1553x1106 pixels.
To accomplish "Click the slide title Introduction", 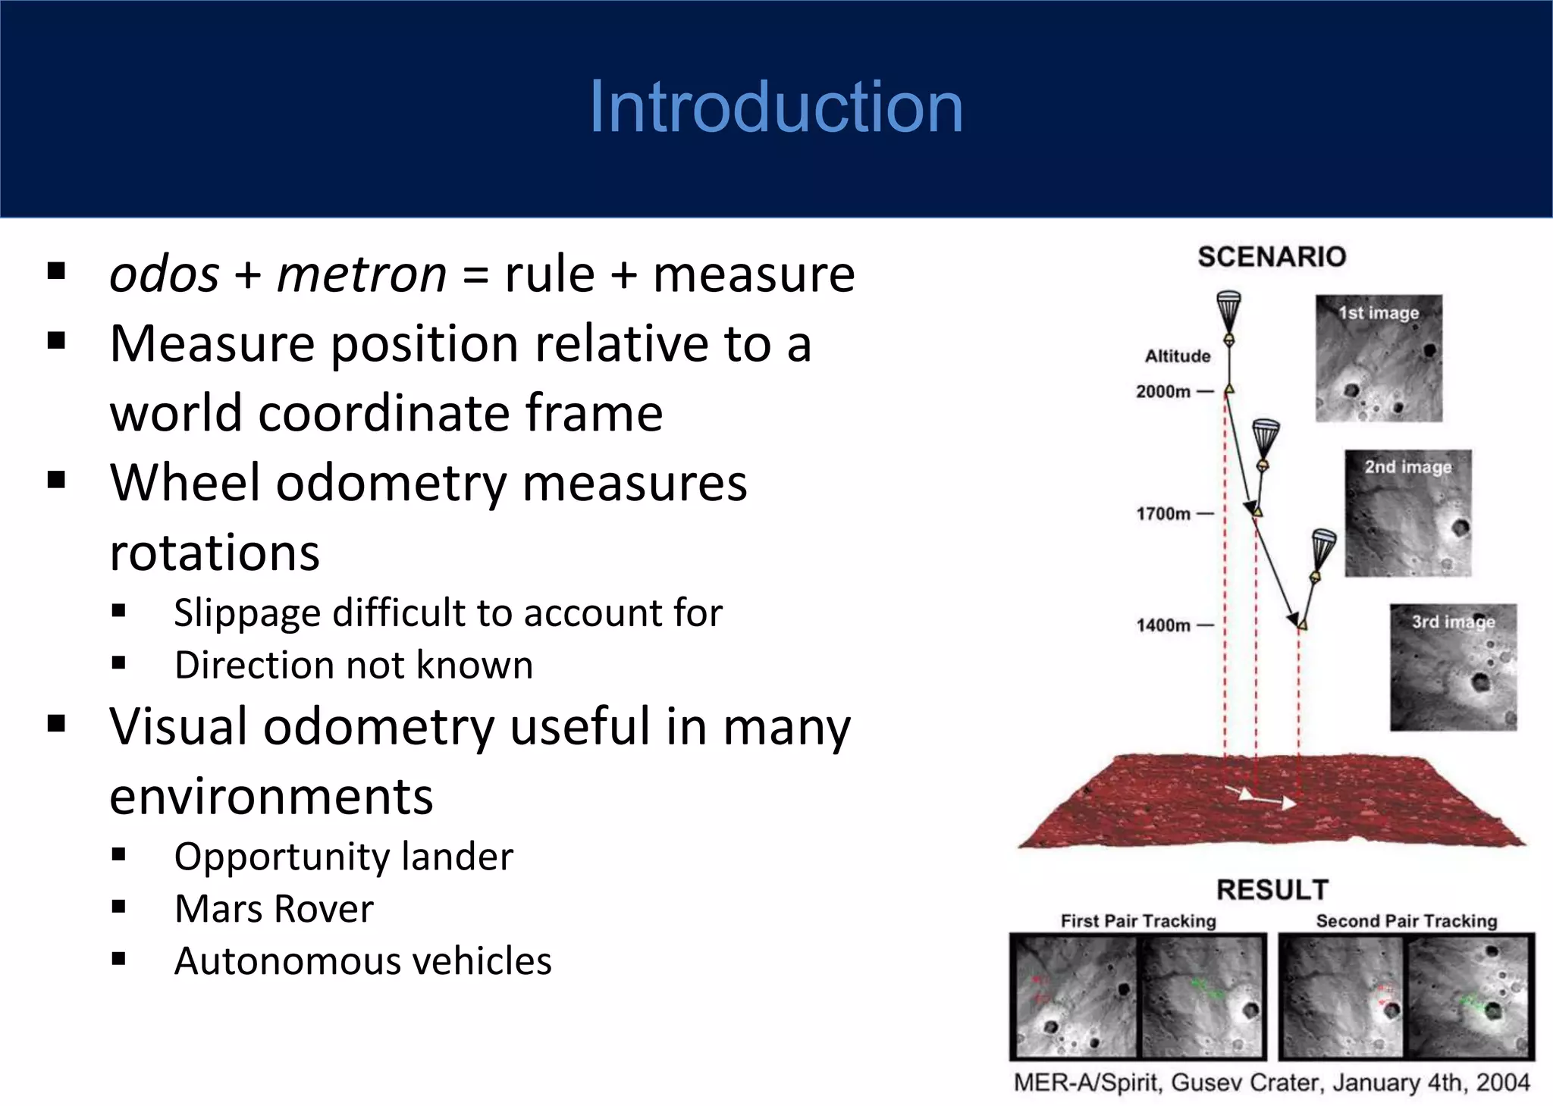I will pos(776,107).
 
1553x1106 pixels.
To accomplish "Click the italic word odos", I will pos(165,274).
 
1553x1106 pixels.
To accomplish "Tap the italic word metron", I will pos(362,274).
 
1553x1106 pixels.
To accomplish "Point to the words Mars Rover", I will pos(274,909).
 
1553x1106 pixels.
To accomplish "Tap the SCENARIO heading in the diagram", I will pos(1272,257).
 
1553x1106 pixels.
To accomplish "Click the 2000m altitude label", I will pos(1163,392).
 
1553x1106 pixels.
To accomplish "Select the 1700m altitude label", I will pos(1163,514).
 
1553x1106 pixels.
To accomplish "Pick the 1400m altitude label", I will pos(1163,625).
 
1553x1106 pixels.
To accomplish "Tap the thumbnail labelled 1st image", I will pos(1378,358).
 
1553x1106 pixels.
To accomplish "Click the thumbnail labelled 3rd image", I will pos(1453,667).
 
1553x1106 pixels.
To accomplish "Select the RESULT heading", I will pos(1272,889).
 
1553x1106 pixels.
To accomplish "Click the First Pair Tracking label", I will pos(1137,921).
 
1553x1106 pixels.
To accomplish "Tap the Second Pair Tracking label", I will pos(1407,921).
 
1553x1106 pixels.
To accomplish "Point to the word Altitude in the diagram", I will pos(1177,356).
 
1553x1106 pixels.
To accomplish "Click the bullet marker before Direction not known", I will pos(118,664).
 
